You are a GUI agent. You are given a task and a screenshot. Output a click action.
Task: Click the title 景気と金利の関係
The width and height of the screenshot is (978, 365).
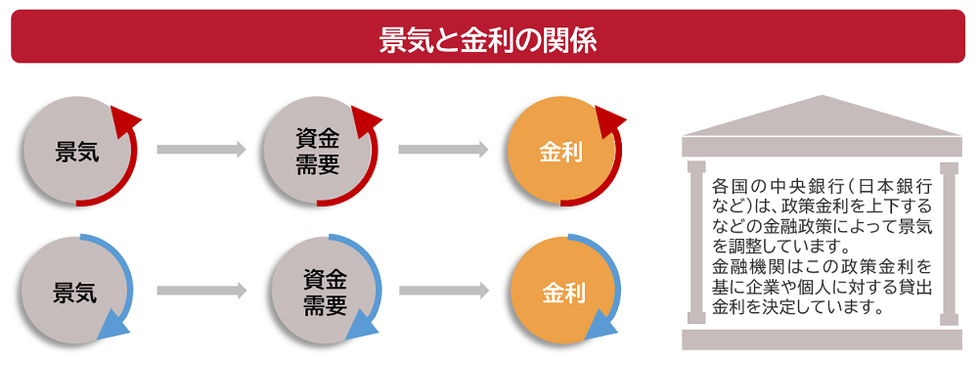click(x=488, y=38)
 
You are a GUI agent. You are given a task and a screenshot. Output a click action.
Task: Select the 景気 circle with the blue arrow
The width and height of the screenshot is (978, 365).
click(x=74, y=291)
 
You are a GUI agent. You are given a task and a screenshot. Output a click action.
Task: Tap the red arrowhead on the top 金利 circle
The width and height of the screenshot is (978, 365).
click(x=609, y=121)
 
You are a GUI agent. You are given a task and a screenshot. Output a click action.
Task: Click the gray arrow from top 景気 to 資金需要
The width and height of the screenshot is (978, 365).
click(x=200, y=150)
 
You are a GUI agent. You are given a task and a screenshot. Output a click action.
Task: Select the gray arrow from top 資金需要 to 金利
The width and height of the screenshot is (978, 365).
click(x=443, y=150)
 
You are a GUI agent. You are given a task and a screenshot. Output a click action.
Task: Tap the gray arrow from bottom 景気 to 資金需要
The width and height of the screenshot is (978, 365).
click(x=200, y=291)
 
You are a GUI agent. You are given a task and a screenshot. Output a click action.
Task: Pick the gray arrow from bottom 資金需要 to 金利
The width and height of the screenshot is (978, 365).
click(x=443, y=291)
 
